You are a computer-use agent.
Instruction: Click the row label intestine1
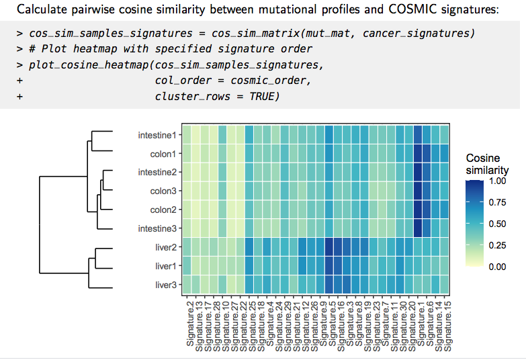pyautogui.click(x=157, y=135)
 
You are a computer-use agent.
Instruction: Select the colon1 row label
pyautogui.click(x=163, y=154)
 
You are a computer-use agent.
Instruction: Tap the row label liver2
pyautogui.click(x=165, y=247)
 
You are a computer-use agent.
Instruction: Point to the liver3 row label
pyautogui.click(x=165, y=285)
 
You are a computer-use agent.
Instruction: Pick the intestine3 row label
pyautogui.click(x=157, y=228)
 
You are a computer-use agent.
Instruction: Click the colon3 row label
pyautogui.click(x=163, y=191)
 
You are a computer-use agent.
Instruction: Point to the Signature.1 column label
pyautogui.click(x=418, y=326)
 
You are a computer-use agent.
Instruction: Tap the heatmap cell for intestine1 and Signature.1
pyautogui.click(x=418, y=135)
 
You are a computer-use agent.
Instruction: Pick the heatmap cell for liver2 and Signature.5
pyautogui.click(x=328, y=247)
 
